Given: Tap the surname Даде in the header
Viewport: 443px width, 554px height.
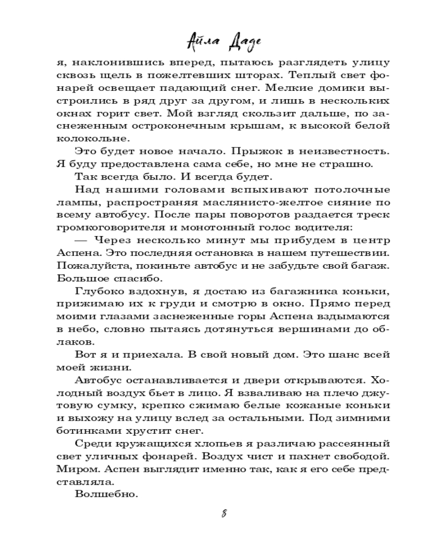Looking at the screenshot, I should pyautogui.click(x=239, y=42).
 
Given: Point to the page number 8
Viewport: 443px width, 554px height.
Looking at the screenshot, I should pyautogui.click(x=223, y=512).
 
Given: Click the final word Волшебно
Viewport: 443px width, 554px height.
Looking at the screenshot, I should pyautogui.click(x=105, y=495).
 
